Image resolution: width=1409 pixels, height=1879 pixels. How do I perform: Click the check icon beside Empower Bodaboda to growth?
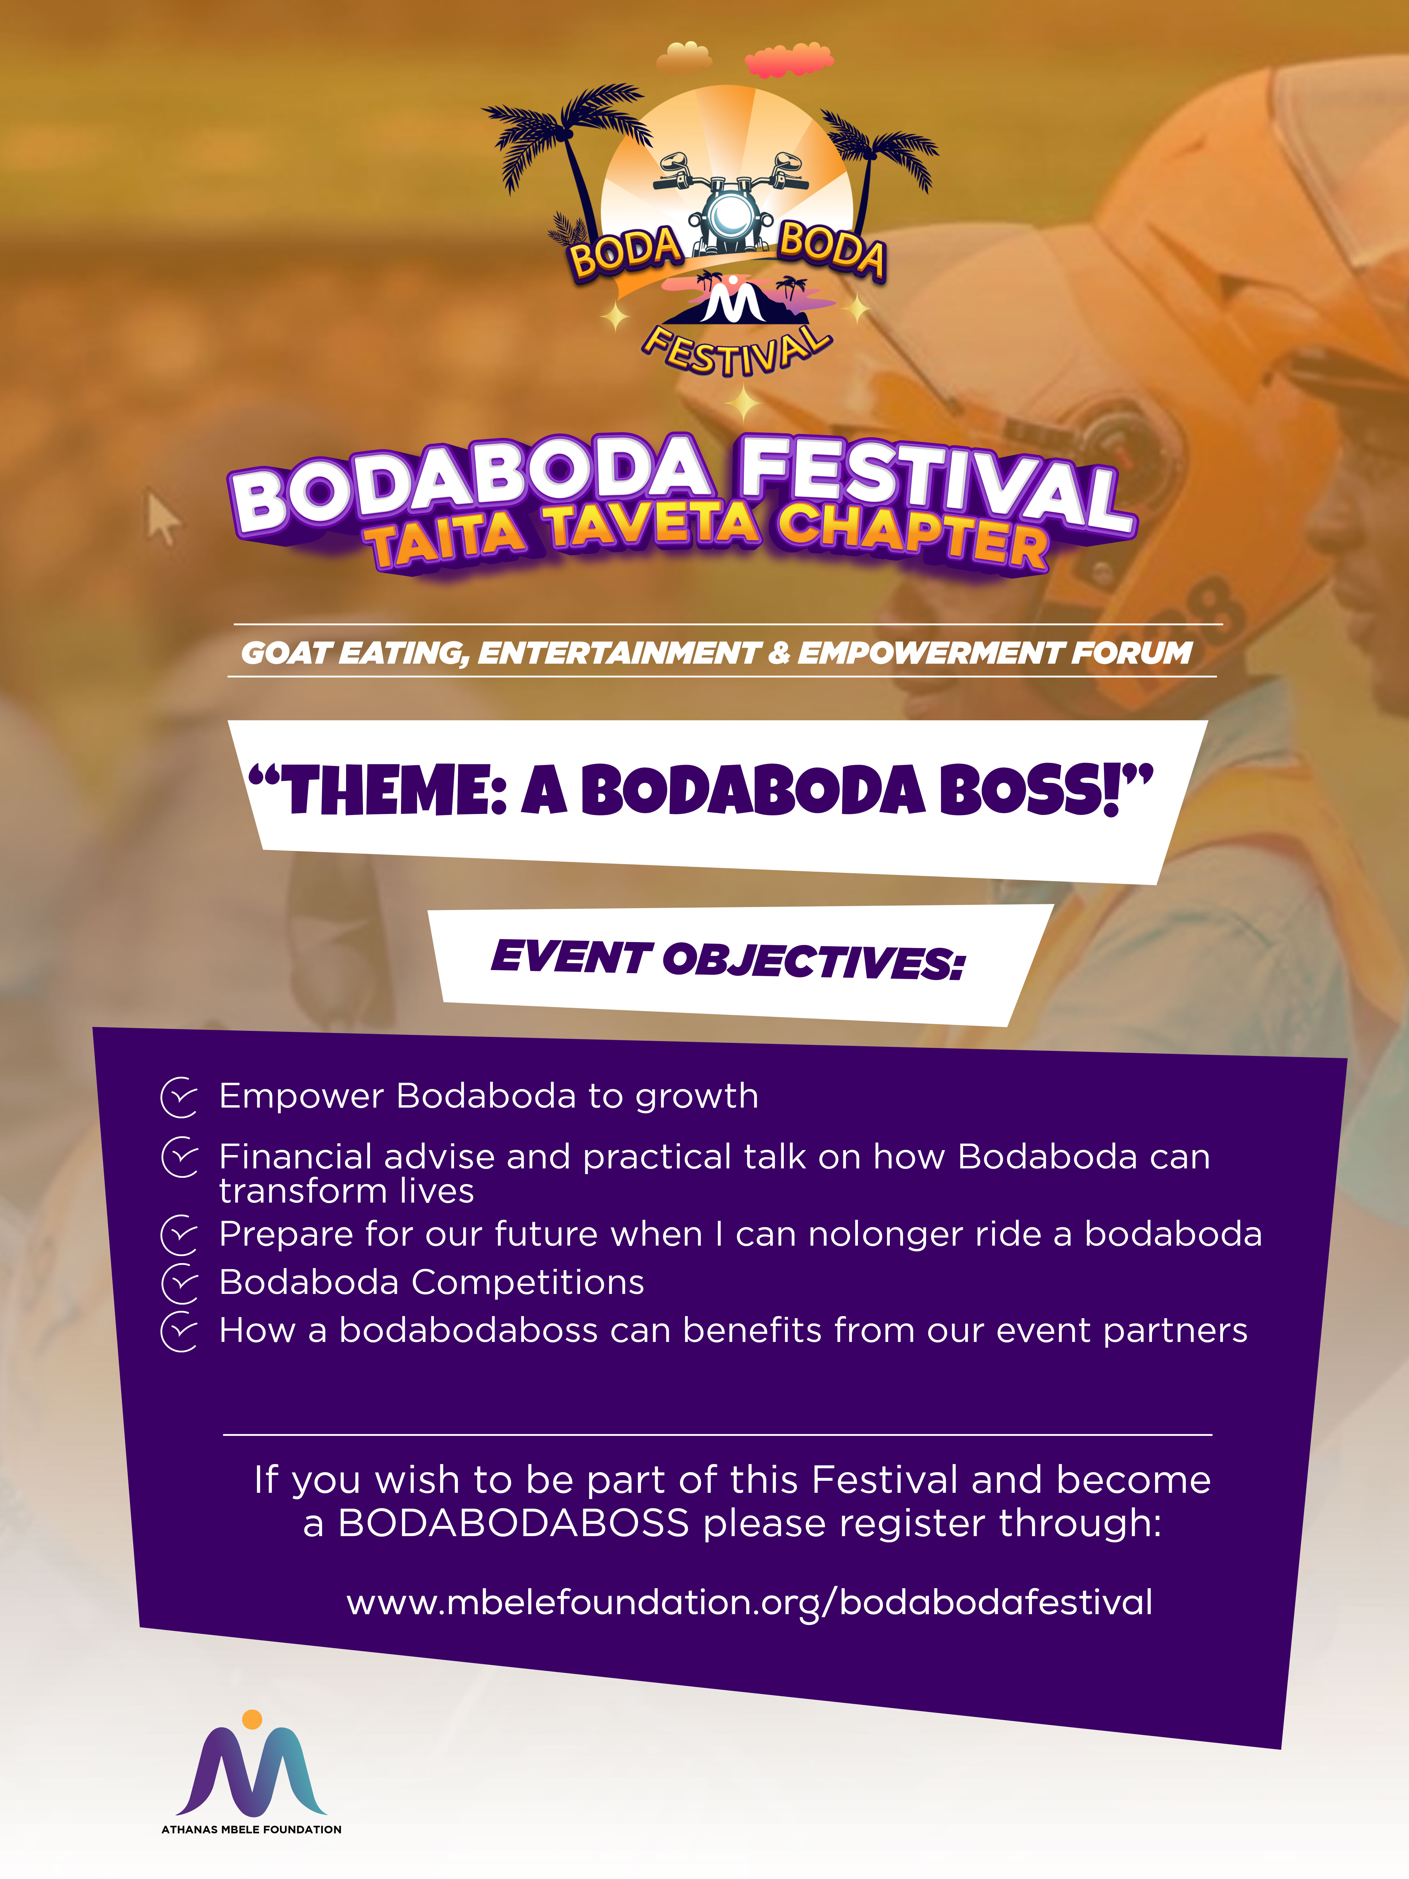click(179, 1097)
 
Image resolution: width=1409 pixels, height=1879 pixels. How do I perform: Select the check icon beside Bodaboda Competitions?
click(179, 1283)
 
